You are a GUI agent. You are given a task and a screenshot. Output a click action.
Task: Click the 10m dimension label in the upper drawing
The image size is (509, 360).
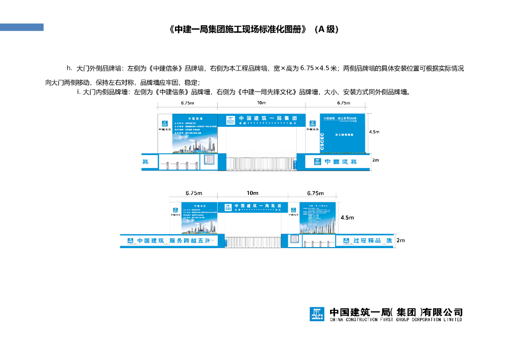(x=261, y=103)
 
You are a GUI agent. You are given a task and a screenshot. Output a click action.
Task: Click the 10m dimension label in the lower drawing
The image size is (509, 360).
(x=253, y=193)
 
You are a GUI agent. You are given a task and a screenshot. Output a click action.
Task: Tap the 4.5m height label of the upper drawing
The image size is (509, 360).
(x=374, y=132)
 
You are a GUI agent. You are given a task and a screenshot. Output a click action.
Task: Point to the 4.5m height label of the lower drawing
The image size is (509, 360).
(x=347, y=218)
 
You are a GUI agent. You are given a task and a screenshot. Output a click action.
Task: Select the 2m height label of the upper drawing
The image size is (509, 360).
(x=376, y=160)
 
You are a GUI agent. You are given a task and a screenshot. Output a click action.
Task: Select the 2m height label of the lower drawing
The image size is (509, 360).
(x=401, y=240)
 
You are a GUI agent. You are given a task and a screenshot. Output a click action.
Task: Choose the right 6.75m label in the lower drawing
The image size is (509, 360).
(x=316, y=193)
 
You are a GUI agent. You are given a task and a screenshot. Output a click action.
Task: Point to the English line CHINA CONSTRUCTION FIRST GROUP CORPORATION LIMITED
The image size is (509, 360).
(x=396, y=320)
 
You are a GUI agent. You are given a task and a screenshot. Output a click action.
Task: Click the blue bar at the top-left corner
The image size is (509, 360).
(x=22, y=27)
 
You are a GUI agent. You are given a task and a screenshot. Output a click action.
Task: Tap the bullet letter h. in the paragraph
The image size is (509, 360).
(x=69, y=68)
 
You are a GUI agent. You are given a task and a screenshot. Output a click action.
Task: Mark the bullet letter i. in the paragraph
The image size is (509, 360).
(x=79, y=92)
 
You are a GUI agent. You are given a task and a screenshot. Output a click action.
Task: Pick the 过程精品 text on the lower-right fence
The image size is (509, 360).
(x=367, y=241)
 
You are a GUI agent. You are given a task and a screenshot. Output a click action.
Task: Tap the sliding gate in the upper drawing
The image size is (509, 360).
(x=261, y=164)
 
